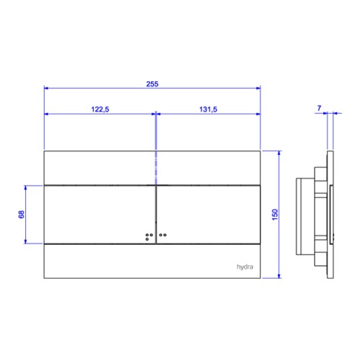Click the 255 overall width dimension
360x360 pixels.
pyautogui.click(x=153, y=84)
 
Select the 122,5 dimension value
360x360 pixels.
pyautogui.click(x=100, y=109)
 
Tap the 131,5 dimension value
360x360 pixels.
pyautogui.click(x=208, y=109)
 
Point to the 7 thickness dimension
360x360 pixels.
pyautogui.click(x=319, y=108)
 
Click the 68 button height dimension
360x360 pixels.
pyautogui.click(x=22, y=215)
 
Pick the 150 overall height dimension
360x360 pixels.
pyautogui.click(x=275, y=215)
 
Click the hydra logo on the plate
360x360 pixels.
pyautogui.click(x=245, y=267)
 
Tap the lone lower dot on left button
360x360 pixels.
pyautogui.click(x=147, y=239)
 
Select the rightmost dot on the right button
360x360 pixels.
pyautogui.click(x=165, y=235)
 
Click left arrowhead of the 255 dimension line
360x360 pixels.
pyautogui.click(x=46, y=88)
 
